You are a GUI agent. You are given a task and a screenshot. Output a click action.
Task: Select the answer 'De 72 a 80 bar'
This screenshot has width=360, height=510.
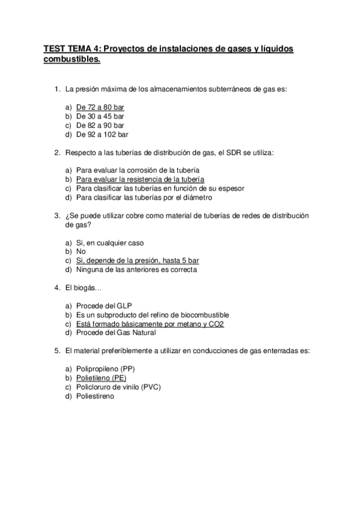[100, 107]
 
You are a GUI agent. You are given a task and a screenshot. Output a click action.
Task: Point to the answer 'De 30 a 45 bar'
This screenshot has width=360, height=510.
[100, 116]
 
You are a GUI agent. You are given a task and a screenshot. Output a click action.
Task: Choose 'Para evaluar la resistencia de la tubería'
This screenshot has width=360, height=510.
[140, 179]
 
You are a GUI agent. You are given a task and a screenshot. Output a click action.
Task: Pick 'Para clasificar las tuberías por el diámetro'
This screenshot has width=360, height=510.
[144, 197]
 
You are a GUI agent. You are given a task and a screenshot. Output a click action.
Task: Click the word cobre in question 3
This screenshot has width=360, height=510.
[130, 216]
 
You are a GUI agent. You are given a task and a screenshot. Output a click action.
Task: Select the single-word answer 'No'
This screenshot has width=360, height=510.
[81, 251]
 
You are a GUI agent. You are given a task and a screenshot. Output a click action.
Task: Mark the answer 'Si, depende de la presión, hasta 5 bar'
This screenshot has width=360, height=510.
[137, 260]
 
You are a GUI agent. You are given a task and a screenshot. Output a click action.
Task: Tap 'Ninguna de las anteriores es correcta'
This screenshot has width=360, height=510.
[136, 269]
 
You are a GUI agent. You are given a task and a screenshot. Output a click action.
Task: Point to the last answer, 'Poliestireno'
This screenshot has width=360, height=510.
[95, 396]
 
